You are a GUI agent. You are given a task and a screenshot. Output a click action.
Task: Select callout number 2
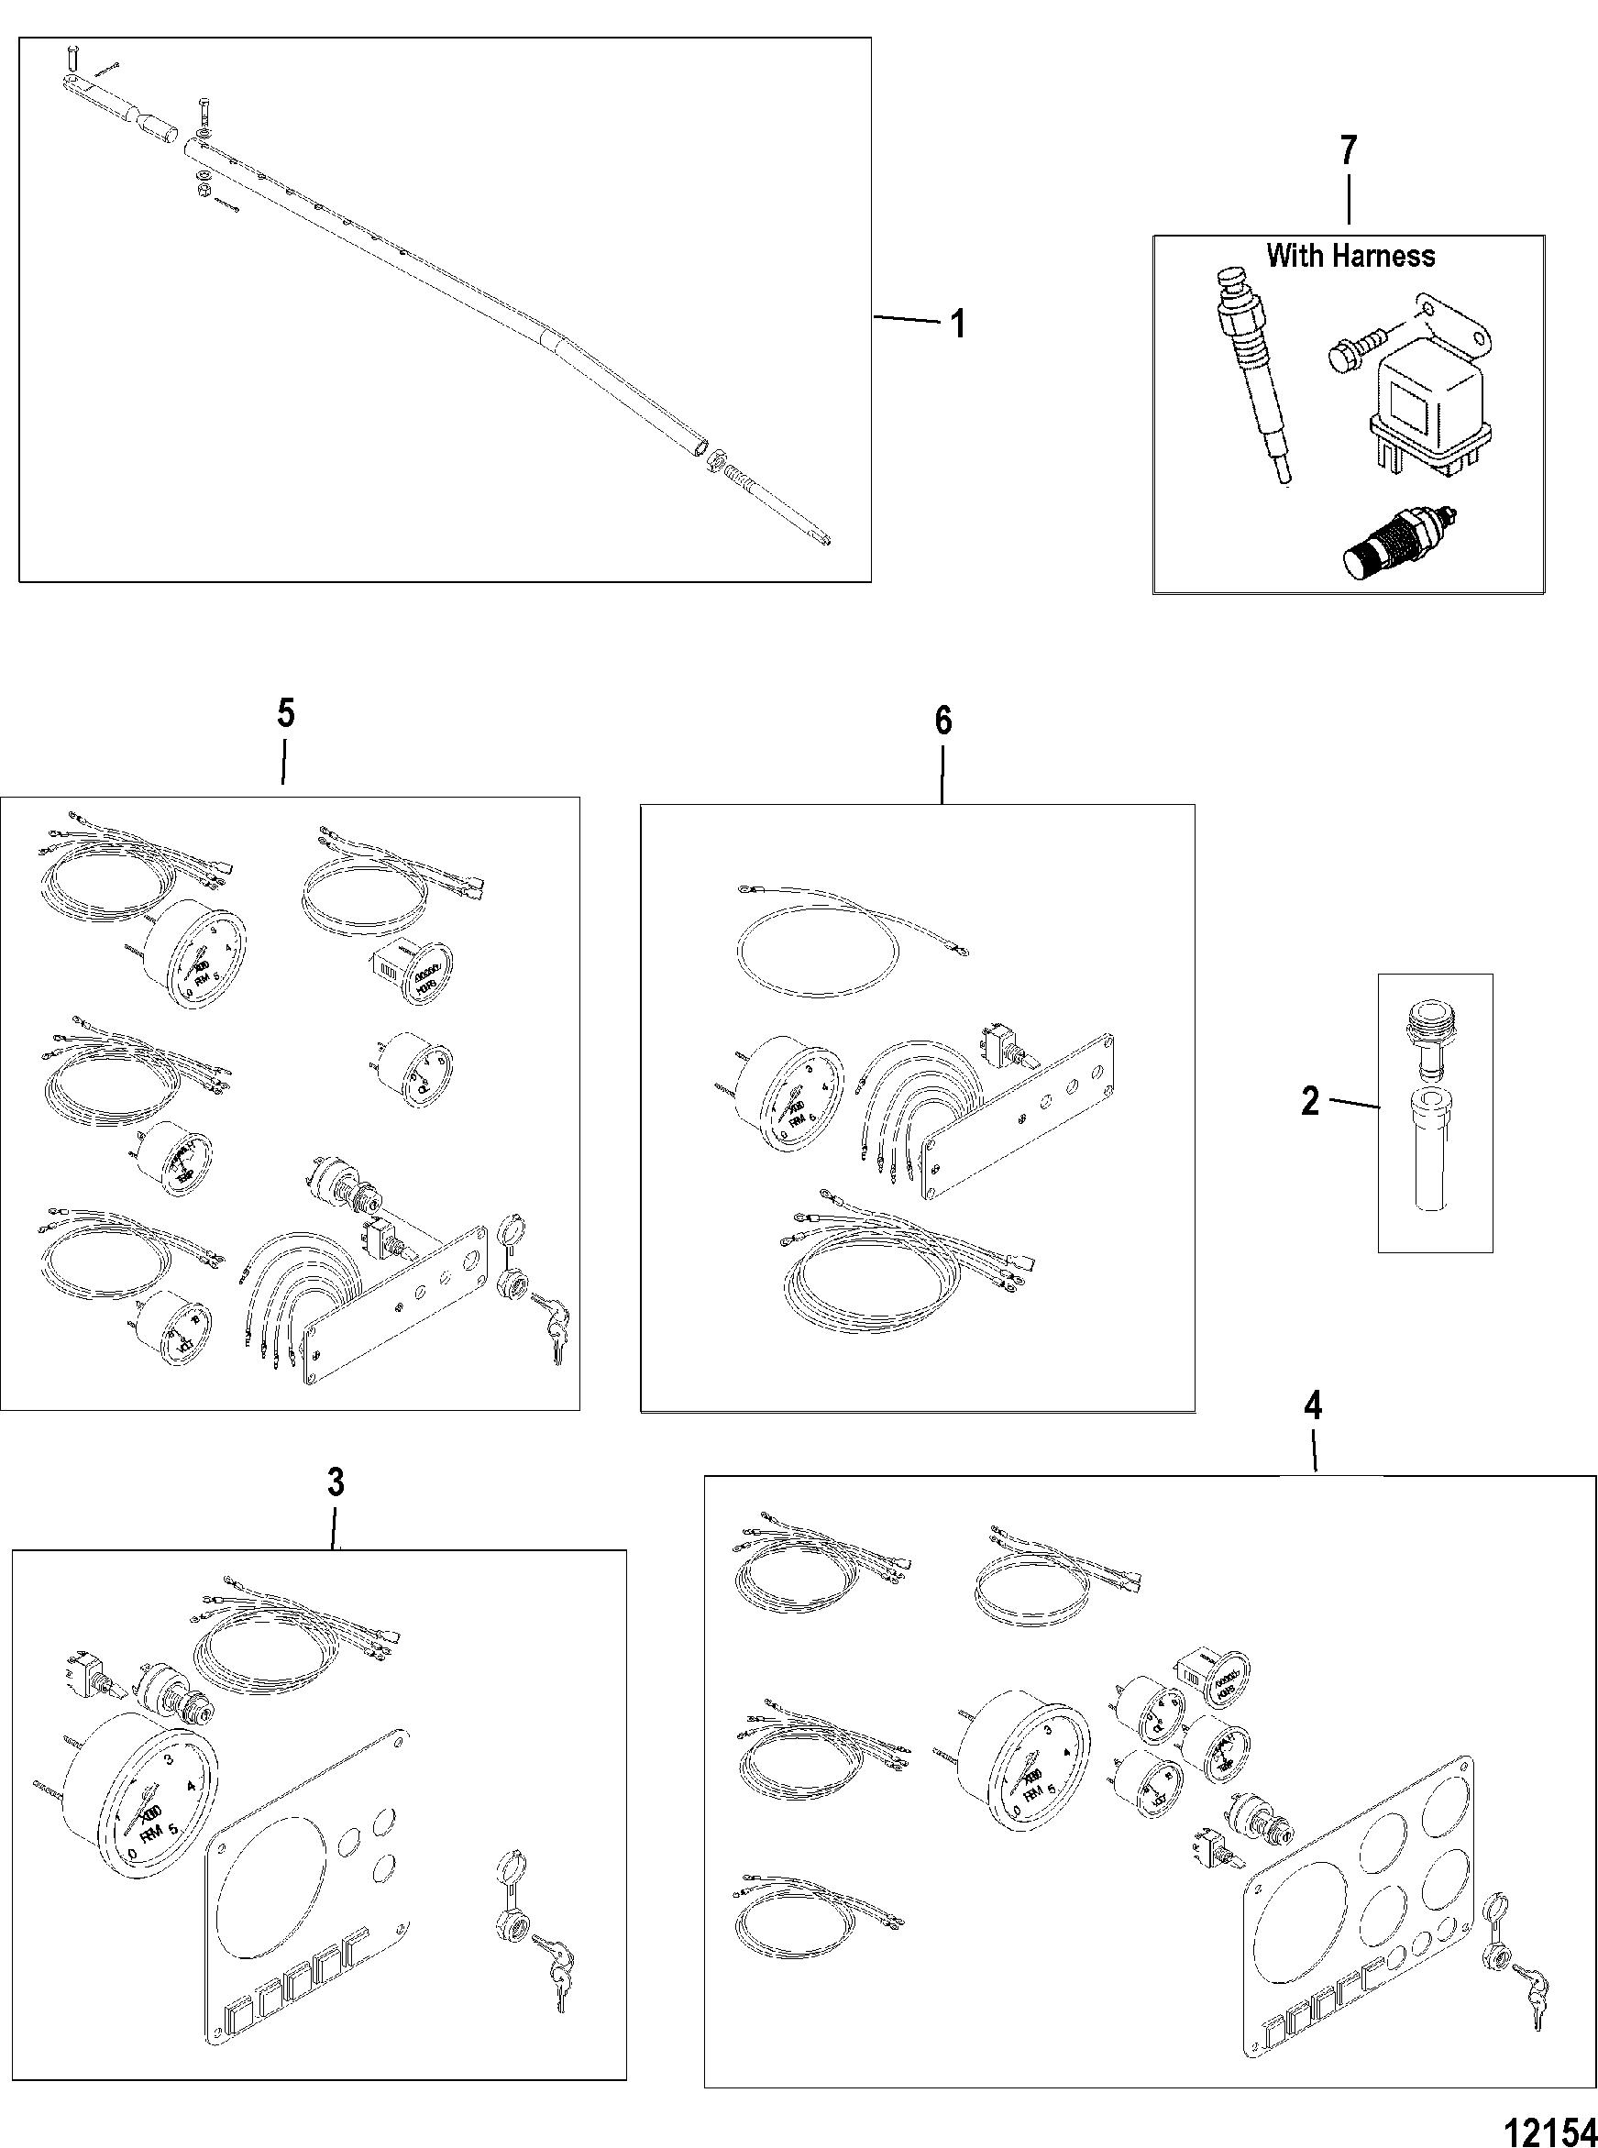click(1310, 1101)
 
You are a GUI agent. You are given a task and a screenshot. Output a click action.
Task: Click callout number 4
click(1313, 1407)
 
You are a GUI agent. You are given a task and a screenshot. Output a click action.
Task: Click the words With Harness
click(1350, 257)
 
